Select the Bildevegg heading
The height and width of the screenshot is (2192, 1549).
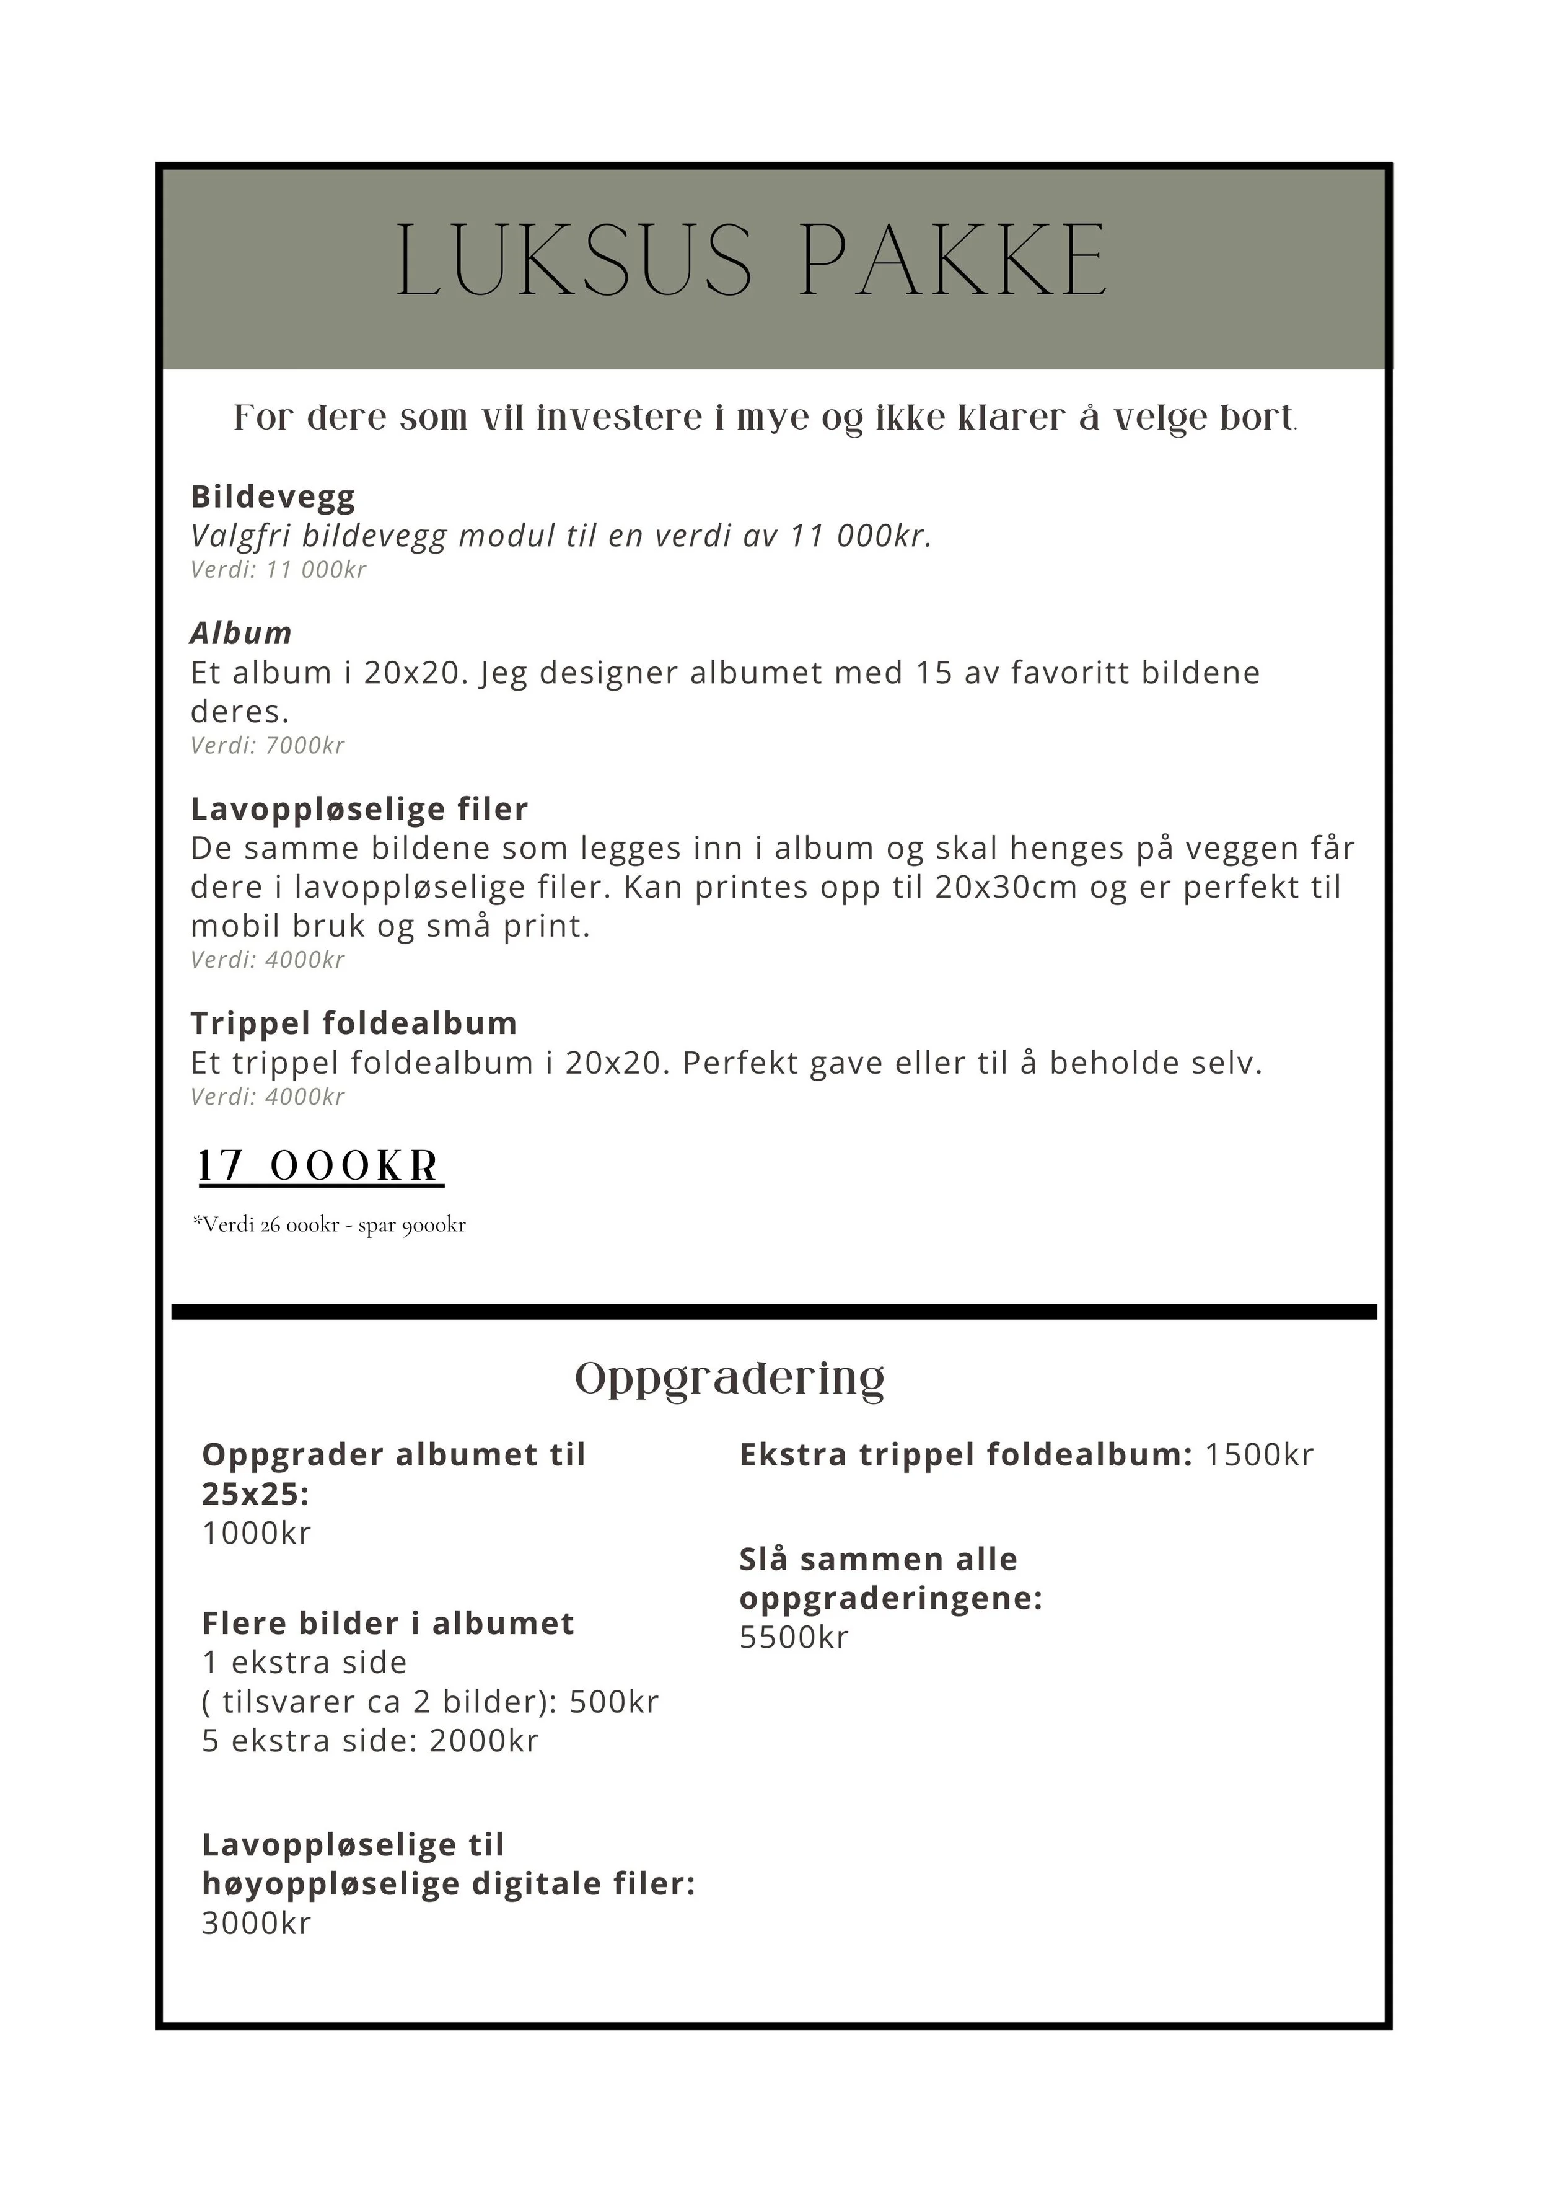coord(273,497)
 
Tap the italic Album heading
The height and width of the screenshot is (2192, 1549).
coord(240,633)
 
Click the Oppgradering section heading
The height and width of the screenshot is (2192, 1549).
coord(730,1377)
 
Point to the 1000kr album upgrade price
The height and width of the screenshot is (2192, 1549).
coord(257,1532)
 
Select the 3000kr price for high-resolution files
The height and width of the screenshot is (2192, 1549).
coord(257,1923)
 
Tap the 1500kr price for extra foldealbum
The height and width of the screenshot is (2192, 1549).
coord(1259,1454)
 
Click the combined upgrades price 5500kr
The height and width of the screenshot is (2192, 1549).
coord(794,1637)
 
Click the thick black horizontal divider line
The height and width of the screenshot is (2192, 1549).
coord(774,1312)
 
